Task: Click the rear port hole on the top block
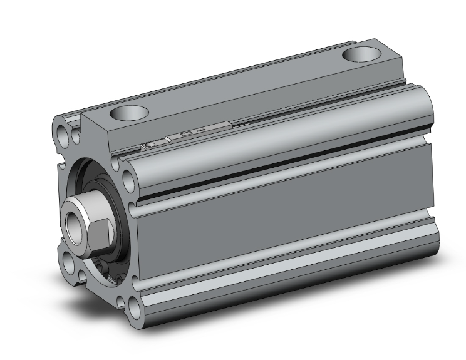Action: click(362, 54)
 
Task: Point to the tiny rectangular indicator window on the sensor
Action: click(185, 134)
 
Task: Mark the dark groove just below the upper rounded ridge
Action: click(282, 182)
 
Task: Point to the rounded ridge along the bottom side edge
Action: click(282, 275)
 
